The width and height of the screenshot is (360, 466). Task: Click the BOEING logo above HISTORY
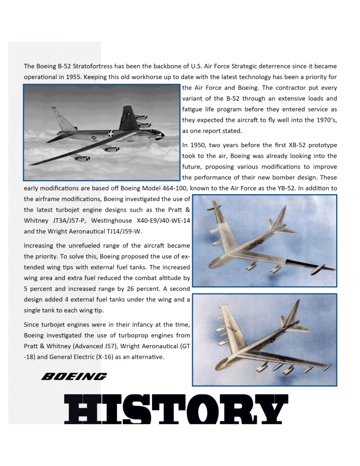click(x=74, y=376)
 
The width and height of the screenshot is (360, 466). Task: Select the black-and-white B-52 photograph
click(x=102, y=132)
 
